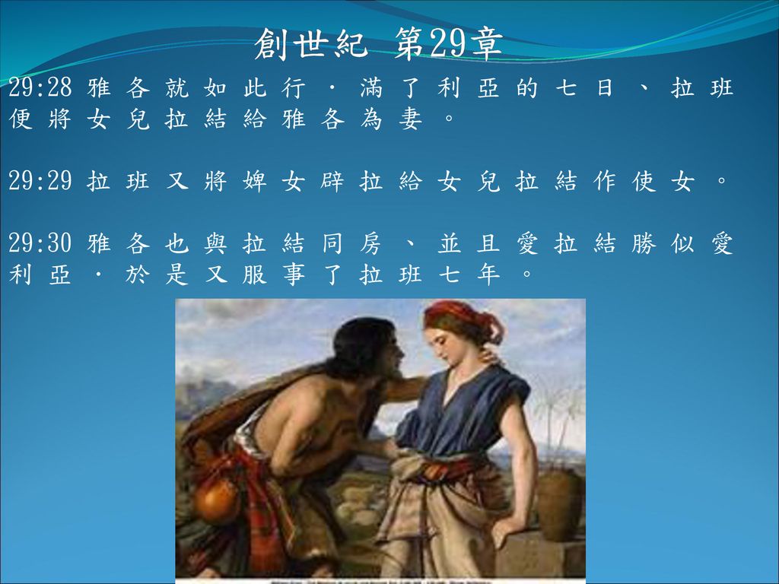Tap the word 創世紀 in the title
tap(311, 43)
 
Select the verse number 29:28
tap(40, 88)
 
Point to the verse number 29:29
tap(40, 181)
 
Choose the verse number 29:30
tap(40, 243)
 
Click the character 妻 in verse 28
tap(410, 119)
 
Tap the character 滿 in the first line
tap(371, 88)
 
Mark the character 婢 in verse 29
tap(255, 181)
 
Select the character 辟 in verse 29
tap(332, 181)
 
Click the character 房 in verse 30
tap(371, 243)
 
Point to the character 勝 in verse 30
tap(644, 243)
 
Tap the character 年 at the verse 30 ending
tap(488, 275)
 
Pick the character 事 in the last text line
tap(294, 275)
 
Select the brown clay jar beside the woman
tap(559, 503)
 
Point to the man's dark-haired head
tap(365, 348)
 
